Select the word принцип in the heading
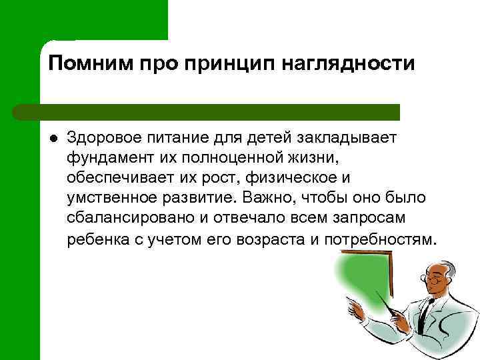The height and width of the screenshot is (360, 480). click(x=222, y=64)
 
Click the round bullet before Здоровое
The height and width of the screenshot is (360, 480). click(x=53, y=139)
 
